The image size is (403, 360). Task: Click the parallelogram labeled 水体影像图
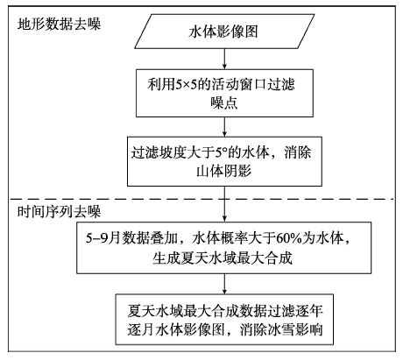click(x=224, y=32)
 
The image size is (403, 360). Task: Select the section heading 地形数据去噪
click(x=59, y=24)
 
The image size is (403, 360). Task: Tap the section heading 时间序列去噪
click(x=59, y=211)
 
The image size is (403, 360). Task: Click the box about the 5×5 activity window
click(x=224, y=93)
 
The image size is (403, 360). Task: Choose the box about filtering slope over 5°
click(x=224, y=161)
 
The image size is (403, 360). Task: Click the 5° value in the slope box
click(x=222, y=152)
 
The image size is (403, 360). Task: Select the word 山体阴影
click(x=224, y=171)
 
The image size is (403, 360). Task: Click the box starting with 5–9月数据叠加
click(x=224, y=248)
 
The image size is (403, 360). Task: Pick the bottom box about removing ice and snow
click(x=224, y=320)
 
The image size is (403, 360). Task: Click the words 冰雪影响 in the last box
click(x=295, y=329)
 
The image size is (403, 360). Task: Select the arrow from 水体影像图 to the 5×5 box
click(x=224, y=59)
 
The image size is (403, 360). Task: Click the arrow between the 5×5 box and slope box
click(x=224, y=127)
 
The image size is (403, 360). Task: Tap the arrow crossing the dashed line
click(x=224, y=204)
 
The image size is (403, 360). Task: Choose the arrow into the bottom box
click(x=224, y=284)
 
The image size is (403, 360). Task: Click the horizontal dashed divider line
click(x=202, y=200)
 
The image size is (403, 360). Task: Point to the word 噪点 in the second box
click(x=224, y=102)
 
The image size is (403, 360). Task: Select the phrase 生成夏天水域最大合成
click(x=223, y=258)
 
